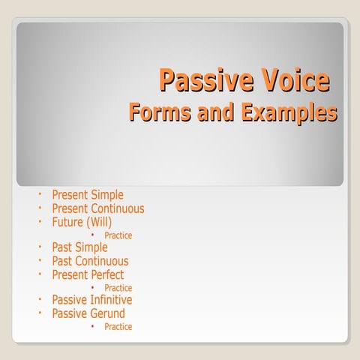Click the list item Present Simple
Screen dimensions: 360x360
pos(88,195)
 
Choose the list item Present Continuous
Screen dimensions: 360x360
pos(97,208)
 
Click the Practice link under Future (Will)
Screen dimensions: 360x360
pos(118,235)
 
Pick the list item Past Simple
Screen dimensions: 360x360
pos(79,247)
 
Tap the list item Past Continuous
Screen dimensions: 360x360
pos(90,261)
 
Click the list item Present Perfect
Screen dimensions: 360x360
pos(88,274)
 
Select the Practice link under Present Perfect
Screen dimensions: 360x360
pos(118,288)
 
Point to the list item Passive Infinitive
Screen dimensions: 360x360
pos(91,300)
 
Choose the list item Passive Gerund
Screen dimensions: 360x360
pos(88,313)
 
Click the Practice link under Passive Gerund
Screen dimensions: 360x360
pos(118,327)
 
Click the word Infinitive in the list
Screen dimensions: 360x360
pos(111,300)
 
